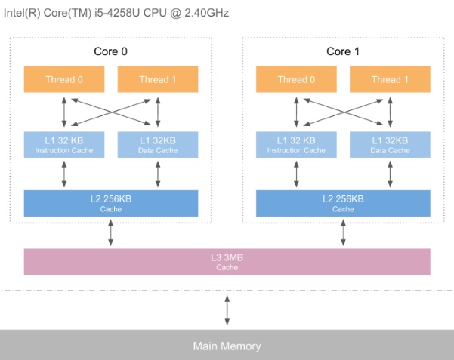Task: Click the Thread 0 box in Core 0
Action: (x=64, y=79)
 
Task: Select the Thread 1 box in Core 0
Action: (x=158, y=79)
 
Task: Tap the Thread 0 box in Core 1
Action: (x=297, y=79)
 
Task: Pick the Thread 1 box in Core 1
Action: (x=391, y=79)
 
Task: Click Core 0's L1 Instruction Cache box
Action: (x=64, y=145)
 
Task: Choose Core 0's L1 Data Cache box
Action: (x=158, y=145)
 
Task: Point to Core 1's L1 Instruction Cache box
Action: (x=297, y=145)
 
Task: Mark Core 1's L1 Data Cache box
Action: (x=391, y=145)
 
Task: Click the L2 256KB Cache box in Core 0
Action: (x=111, y=203)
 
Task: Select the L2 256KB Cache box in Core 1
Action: (x=344, y=203)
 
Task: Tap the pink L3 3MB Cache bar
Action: (x=227, y=261)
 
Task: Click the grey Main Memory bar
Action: (x=227, y=346)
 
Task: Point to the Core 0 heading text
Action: (x=111, y=51)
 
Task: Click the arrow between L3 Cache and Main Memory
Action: (x=227, y=309)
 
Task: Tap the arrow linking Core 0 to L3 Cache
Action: (x=111, y=232)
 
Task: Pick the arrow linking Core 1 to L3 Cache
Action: (x=344, y=232)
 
